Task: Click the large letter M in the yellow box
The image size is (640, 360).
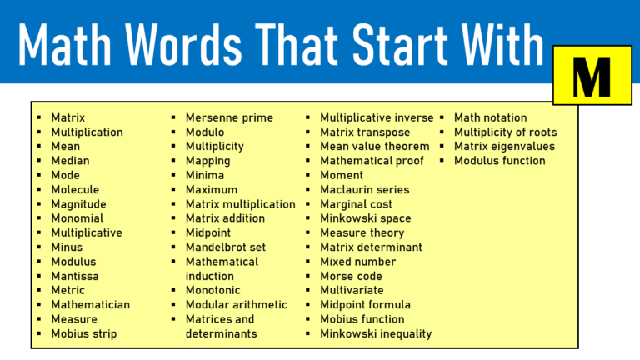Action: click(592, 76)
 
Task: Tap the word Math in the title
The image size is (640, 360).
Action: click(74, 43)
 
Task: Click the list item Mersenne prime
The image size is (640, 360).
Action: click(229, 117)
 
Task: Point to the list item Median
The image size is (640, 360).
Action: click(70, 161)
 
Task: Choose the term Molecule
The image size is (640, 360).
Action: click(75, 189)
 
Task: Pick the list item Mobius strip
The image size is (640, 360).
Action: click(83, 333)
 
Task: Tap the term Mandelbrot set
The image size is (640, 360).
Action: click(225, 247)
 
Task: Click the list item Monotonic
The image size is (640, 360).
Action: click(212, 290)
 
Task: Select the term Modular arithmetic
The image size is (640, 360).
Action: click(236, 304)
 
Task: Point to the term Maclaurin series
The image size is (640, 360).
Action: click(364, 189)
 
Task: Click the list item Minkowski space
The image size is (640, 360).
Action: click(365, 218)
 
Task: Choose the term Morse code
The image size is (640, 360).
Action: click(351, 276)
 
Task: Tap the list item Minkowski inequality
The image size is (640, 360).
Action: click(376, 333)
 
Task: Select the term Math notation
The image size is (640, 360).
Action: click(490, 117)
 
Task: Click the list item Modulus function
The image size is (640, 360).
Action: click(499, 161)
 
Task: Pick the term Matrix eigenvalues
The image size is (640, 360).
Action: click(504, 147)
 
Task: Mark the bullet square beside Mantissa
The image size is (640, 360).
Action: click(39, 276)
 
